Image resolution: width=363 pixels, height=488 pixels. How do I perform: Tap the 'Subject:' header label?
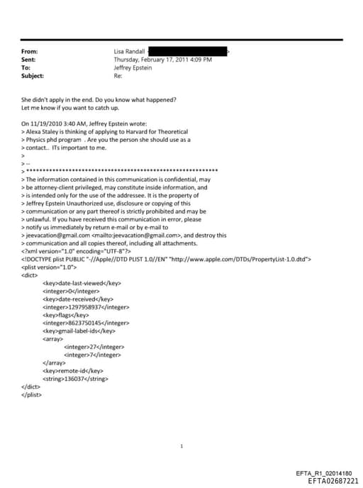pyautogui.click(x=33, y=75)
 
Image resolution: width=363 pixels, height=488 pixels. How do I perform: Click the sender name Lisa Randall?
pyautogui.click(x=130, y=52)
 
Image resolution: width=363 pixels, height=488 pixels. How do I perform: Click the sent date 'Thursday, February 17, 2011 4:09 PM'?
pyautogui.click(x=163, y=60)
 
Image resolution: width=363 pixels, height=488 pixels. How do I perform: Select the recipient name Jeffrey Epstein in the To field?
pyautogui.click(x=133, y=67)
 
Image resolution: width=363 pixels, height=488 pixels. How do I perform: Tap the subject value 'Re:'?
pyautogui.click(x=118, y=75)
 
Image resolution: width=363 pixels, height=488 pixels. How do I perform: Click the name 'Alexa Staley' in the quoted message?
pyautogui.click(x=44, y=131)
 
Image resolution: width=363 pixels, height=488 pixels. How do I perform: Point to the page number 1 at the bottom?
pyautogui.click(x=181, y=446)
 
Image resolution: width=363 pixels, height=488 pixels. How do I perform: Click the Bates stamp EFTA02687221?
pyautogui.click(x=328, y=480)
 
